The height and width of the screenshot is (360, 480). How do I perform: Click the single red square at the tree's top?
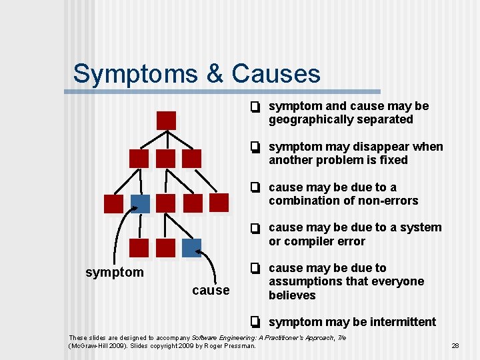166,121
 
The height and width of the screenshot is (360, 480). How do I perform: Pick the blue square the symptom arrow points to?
140,203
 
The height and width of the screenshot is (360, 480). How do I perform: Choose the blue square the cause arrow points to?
191,247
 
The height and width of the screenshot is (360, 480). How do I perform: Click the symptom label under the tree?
115,272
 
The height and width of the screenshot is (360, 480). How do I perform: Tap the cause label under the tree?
211,290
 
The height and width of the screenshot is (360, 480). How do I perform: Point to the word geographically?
312,120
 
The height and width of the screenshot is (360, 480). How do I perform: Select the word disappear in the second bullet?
378,147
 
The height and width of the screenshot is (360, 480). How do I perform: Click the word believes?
292,295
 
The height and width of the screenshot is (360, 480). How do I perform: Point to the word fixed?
392,160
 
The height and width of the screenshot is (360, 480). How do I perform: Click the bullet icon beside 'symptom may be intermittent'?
255,322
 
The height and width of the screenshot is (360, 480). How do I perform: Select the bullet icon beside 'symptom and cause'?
255,107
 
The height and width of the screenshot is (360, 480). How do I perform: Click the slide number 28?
456,346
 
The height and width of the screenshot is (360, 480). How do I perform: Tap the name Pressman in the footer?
240,346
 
